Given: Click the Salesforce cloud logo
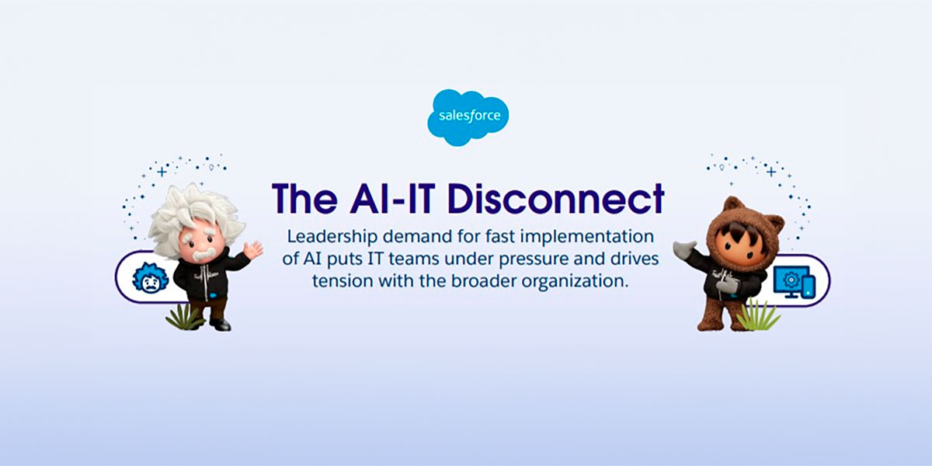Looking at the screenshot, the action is [468, 117].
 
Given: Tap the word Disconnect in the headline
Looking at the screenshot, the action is [556, 199].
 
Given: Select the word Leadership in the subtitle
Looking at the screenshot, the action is [332, 237].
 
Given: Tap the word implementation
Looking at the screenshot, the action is [586, 237].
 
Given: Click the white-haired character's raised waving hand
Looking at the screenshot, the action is [253, 250].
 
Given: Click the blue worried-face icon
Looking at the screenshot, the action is [150, 278].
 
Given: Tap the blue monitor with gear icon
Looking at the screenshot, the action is [795, 282].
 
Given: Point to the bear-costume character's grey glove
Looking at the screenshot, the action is [684, 249].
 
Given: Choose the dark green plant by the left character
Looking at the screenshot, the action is [183, 318].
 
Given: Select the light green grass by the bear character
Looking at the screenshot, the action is [758, 315].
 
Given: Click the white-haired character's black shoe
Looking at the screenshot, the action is [221, 324].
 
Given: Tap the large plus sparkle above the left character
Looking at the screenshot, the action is [162, 172].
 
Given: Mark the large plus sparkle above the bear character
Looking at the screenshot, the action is [771, 172].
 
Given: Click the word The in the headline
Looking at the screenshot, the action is [304, 199].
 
